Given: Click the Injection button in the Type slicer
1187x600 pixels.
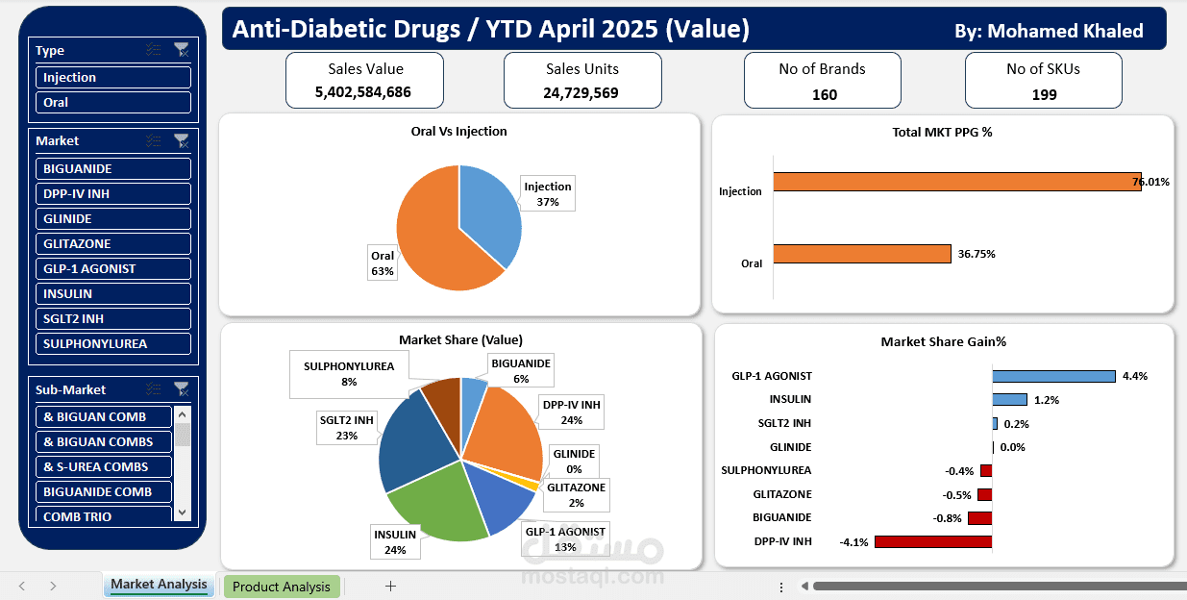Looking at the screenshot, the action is (x=112, y=77).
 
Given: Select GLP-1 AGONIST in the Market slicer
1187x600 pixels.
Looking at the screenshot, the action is (x=112, y=268).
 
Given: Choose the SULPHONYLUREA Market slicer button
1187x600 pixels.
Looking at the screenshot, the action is (x=112, y=343).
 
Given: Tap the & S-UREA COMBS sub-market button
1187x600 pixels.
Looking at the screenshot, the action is (x=104, y=467).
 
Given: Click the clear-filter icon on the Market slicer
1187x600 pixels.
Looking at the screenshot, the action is (x=182, y=140).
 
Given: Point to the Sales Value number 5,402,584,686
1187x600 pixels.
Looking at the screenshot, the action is (x=363, y=92).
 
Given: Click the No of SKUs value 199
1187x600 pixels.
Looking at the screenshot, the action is (x=1045, y=94).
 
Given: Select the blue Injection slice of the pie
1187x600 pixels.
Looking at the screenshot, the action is (x=487, y=212).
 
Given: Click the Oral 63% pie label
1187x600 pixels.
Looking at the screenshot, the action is (x=383, y=262).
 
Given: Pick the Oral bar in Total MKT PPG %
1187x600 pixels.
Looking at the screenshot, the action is (x=862, y=254).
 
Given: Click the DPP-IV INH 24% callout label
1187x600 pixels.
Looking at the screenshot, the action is (x=571, y=412).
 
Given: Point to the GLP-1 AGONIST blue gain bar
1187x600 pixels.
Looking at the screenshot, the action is (x=1054, y=376).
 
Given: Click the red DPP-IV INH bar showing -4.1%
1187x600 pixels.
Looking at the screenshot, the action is (x=933, y=541).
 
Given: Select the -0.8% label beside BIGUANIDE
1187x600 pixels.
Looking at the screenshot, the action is (x=947, y=518).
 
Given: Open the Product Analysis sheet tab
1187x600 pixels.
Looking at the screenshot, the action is (x=282, y=587).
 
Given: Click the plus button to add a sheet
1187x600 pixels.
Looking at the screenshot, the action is (x=390, y=587).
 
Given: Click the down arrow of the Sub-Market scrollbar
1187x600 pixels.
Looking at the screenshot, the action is (x=183, y=512).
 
